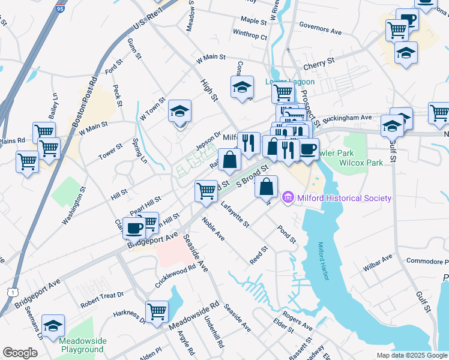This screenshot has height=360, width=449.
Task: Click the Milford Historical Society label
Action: pos(344,198)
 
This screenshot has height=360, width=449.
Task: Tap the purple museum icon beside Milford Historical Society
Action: pos(288,197)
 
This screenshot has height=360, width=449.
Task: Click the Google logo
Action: pos(20,352)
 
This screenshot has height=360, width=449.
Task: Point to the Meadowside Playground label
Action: pos(82,345)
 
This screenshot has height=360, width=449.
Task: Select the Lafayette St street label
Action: pos(235,215)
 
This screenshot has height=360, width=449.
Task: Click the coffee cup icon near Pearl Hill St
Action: pos(134,227)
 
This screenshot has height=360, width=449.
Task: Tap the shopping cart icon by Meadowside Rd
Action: pos(157,312)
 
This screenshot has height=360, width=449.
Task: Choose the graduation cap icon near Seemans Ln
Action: pos(53,326)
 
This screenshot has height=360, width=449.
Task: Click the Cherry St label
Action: pos(319,62)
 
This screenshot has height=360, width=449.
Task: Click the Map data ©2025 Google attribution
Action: pos(411,355)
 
